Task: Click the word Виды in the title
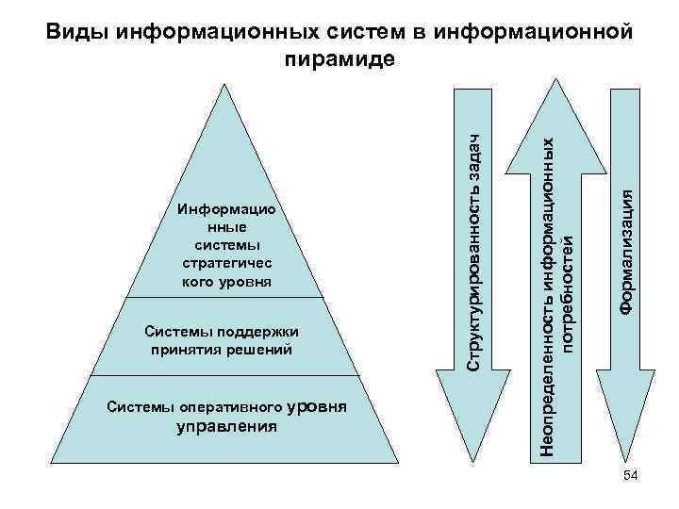78,31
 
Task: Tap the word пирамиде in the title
339,58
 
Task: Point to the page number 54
631,478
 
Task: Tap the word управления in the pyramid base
226,426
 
